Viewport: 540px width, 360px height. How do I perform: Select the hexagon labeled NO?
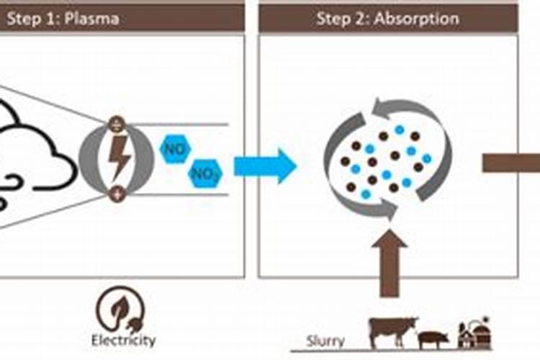click(174, 150)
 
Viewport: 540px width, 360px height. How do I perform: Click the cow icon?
click(389, 330)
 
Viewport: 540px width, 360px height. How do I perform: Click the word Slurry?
click(325, 341)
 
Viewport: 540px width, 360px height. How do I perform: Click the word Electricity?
click(123, 339)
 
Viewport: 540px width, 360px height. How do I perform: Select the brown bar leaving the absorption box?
click(511, 164)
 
